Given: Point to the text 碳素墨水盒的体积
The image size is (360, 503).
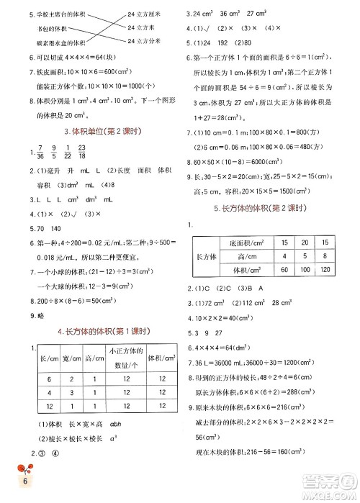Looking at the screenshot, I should [x=47, y=40].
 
